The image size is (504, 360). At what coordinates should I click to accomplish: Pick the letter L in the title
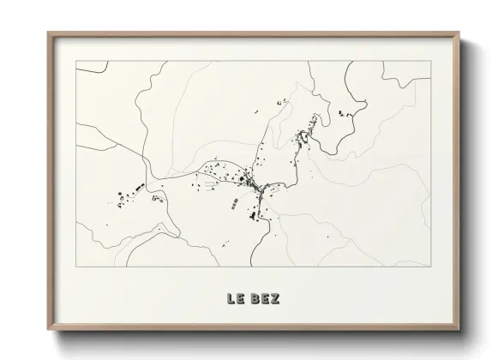(231, 299)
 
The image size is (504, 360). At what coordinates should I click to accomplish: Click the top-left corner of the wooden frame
(48, 33)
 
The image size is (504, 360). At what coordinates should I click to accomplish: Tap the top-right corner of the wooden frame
(459, 33)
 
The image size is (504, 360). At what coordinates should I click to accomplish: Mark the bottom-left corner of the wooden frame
(48, 331)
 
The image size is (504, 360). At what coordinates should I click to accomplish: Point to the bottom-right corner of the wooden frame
(459, 331)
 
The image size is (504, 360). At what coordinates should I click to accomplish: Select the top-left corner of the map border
(75, 61)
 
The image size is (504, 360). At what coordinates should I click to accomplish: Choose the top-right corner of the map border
(430, 61)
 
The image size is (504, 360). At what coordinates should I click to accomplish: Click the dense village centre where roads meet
(251, 183)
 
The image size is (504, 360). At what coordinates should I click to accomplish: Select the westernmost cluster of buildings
(121, 197)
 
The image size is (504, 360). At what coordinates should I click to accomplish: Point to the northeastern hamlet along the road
(303, 136)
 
